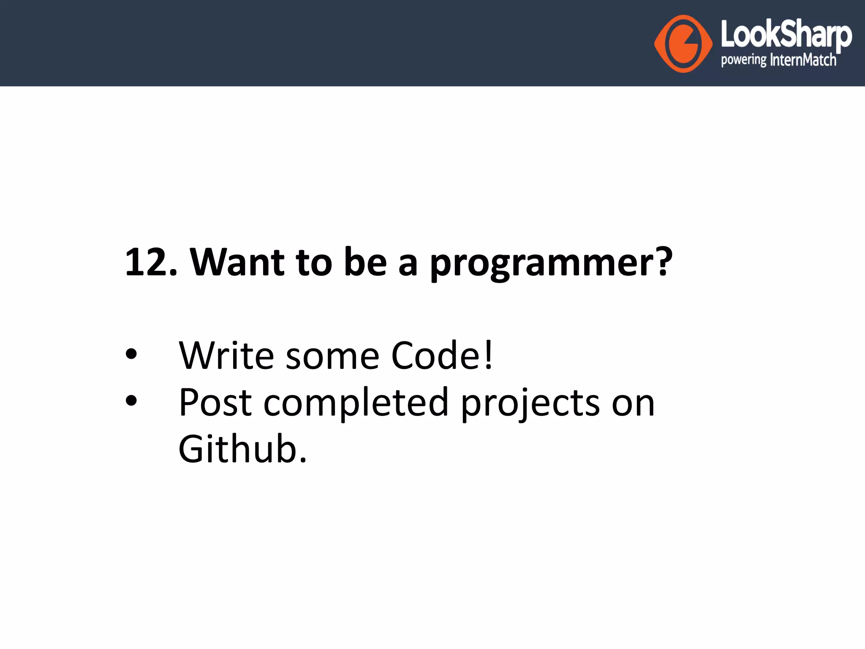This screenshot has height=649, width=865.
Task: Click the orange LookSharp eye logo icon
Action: [683, 44]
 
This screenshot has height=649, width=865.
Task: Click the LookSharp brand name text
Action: [786, 35]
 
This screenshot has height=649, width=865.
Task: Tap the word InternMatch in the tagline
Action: [803, 60]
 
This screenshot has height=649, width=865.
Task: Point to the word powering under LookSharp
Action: [743, 60]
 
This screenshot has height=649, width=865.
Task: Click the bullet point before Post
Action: [131, 400]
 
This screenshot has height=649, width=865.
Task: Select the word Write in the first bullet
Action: [226, 356]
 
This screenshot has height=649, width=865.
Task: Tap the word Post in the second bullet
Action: [215, 403]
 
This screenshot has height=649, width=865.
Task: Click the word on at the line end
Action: [633, 404]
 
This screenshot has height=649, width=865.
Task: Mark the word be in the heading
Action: [365, 262]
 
